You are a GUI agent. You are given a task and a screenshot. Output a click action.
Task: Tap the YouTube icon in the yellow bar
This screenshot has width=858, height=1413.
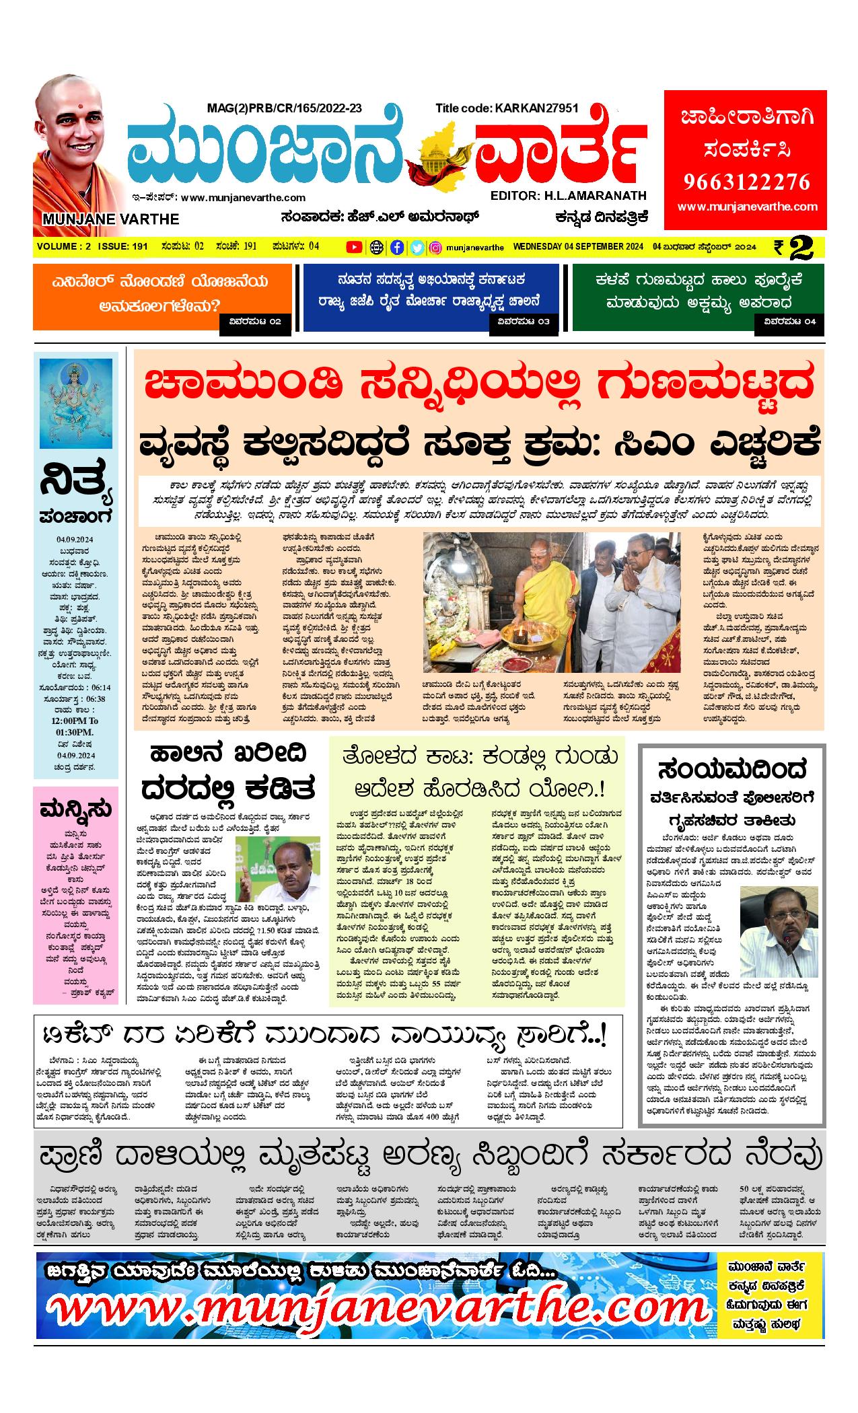(353, 248)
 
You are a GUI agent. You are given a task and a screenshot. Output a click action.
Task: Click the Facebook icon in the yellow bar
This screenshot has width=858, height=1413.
(398, 248)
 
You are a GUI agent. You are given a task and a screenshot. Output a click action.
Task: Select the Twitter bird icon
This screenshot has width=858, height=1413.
(417, 248)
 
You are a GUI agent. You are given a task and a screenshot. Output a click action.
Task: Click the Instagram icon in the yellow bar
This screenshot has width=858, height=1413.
(435, 248)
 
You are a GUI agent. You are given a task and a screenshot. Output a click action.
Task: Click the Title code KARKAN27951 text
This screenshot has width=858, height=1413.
(507, 108)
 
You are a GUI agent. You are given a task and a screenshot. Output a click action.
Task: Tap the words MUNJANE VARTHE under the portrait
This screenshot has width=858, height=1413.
(110, 219)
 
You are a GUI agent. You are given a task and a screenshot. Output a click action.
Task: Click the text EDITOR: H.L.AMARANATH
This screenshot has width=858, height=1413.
(568, 195)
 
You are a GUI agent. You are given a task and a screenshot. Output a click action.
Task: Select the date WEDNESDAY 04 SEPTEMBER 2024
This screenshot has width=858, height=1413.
(578, 248)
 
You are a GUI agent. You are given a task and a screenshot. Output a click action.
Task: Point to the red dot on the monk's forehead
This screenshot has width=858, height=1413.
(78, 106)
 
